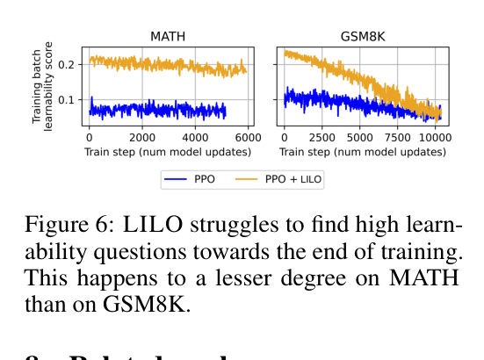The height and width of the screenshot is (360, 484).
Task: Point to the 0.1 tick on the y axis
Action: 70,99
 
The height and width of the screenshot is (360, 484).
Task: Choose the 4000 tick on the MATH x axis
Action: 196,139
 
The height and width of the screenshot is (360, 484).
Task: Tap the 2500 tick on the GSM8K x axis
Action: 321,139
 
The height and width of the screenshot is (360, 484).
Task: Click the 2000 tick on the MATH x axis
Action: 142,139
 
